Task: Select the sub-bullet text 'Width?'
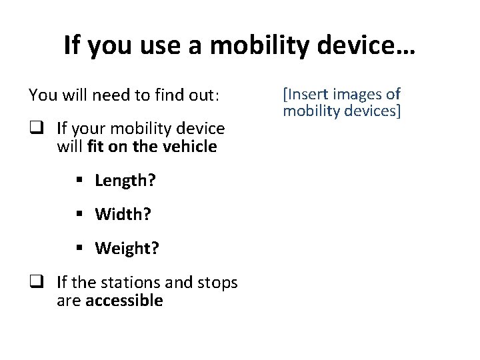123,214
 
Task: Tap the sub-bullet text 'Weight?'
127,249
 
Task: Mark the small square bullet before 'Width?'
80,215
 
